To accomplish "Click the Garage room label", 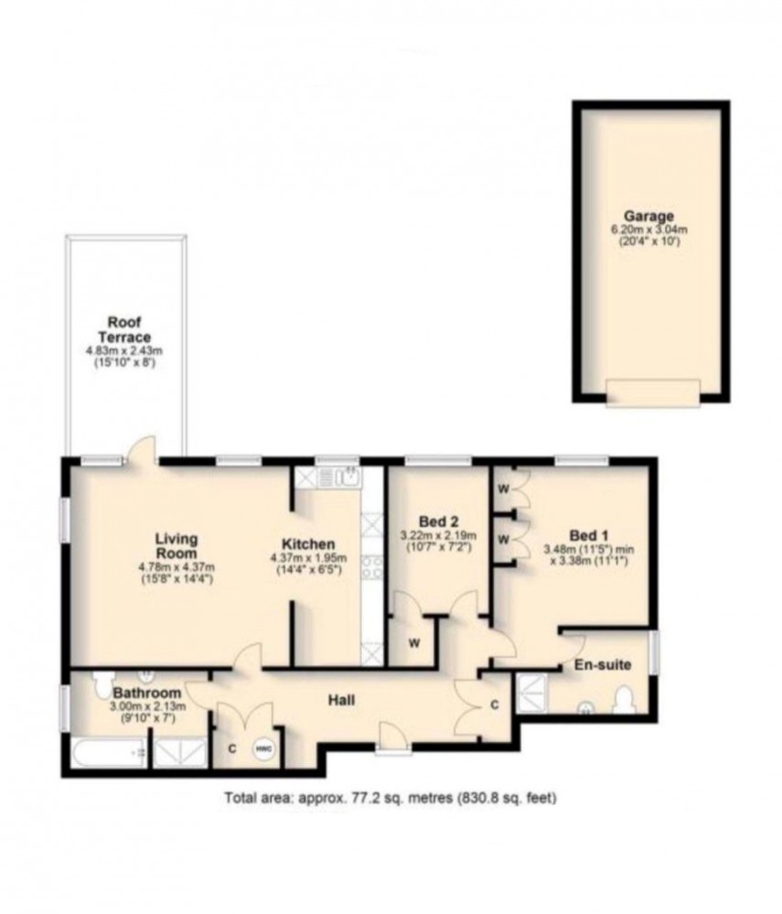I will coord(650,217).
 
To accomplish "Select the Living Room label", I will coord(177,545).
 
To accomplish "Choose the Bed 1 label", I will coord(586,534).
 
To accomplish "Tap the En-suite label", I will coord(602,665).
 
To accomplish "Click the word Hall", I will coord(342,702).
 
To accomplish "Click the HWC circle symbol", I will coord(264,747).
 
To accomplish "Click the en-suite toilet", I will coord(627,703).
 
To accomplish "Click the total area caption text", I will coord(391,798).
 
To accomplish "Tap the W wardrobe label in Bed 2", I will coord(413,643).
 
